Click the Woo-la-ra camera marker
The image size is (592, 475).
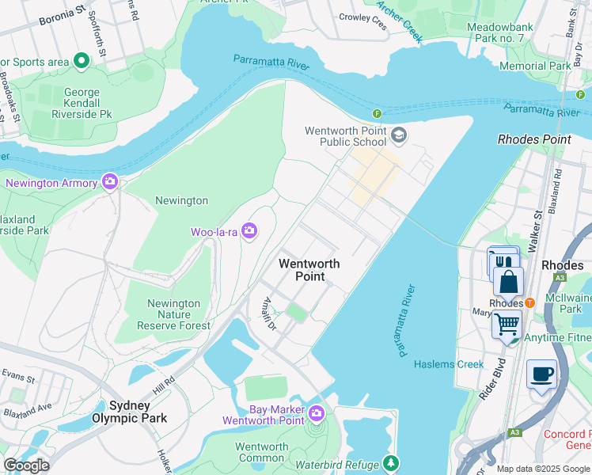[249, 231]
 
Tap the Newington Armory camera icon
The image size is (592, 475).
[110, 182]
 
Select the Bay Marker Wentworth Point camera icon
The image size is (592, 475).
[317, 413]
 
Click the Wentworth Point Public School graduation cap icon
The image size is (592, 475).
[398, 135]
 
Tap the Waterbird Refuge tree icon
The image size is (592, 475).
[389, 462]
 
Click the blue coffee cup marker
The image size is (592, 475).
[541, 374]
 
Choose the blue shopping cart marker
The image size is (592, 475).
[507, 323]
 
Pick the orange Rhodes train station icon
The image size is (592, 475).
[529, 303]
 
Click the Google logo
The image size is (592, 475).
[26, 465]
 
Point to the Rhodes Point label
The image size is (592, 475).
[533, 139]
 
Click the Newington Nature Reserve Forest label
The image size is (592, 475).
[173, 314]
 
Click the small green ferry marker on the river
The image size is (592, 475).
[378, 114]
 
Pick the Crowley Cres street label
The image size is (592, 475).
[363, 20]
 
